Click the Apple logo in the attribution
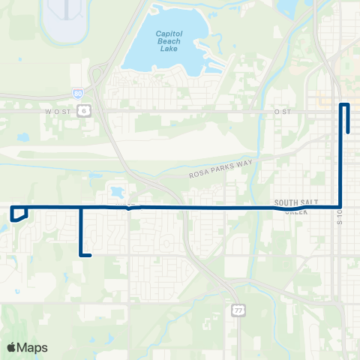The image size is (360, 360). [12, 347]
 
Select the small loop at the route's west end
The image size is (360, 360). [20, 214]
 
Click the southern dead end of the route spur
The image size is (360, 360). [90, 256]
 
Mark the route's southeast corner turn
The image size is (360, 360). [341, 207]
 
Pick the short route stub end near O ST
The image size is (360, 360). [349, 131]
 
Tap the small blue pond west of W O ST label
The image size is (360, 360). [22, 137]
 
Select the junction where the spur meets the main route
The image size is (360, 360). [81, 207]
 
